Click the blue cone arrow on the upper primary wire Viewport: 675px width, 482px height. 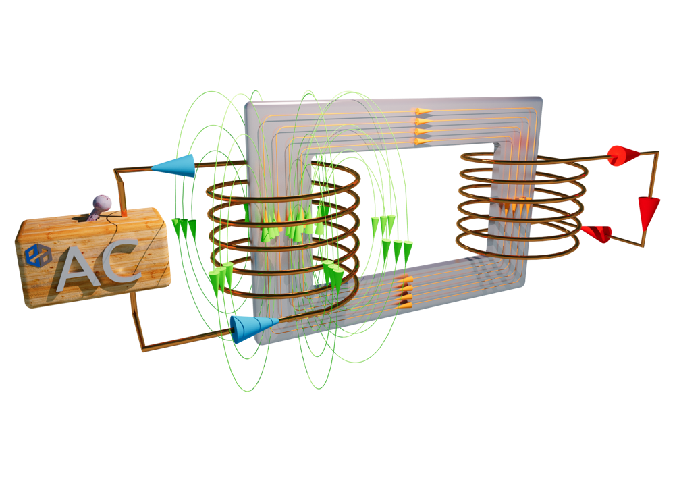(x=173, y=165)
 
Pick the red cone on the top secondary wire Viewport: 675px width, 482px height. (x=623, y=156)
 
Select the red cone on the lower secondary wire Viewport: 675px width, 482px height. (x=597, y=233)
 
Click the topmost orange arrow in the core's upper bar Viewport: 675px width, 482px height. (x=423, y=111)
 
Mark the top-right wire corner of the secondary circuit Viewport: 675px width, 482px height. (x=657, y=153)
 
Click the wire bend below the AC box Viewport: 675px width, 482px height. (x=142, y=349)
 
